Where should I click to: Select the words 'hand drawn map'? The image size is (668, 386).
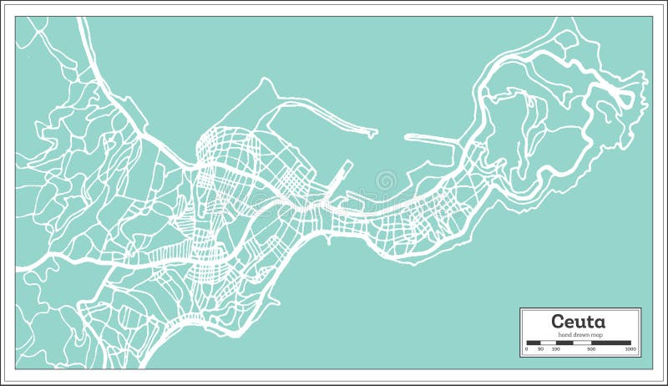[x=580, y=335]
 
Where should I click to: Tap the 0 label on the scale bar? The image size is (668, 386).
[x=526, y=349]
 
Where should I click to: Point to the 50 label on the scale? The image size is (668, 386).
[x=541, y=349]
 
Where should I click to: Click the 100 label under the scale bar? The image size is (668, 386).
[x=556, y=349]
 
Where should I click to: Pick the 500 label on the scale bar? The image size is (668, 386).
[x=591, y=349]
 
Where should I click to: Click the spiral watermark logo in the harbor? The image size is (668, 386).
[x=387, y=180]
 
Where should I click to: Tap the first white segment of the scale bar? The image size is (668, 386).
[x=549, y=343]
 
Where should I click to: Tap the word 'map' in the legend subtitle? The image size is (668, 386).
[x=595, y=335]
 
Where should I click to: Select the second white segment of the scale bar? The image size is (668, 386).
[x=582, y=343]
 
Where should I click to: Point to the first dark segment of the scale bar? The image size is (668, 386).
[x=534, y=343]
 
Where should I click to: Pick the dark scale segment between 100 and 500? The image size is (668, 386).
[x=564, y=343]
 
